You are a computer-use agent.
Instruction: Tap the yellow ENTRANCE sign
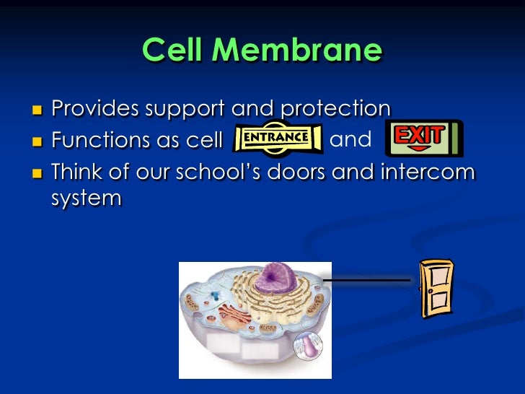pyautogui.click(x=278, y=137)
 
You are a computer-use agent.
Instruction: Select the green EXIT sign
pyautogui.click(x=423, y=138)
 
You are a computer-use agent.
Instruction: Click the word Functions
pyautogui.click(x=95, y=139)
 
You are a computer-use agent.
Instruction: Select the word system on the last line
pyautogui.click(x=86, y=197)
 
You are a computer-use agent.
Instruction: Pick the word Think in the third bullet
pyautogui.click(x=77, y=172)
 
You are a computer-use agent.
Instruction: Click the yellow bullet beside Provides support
pyautogui.click(x=37, y=110)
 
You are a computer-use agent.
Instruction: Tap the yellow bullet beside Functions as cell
pyautogui.click(x=37, y=140)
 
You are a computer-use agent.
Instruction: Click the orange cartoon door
pyautogui.click(x=436, y=288)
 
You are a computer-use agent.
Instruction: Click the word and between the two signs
pyautogui.click(x=350, y=139)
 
